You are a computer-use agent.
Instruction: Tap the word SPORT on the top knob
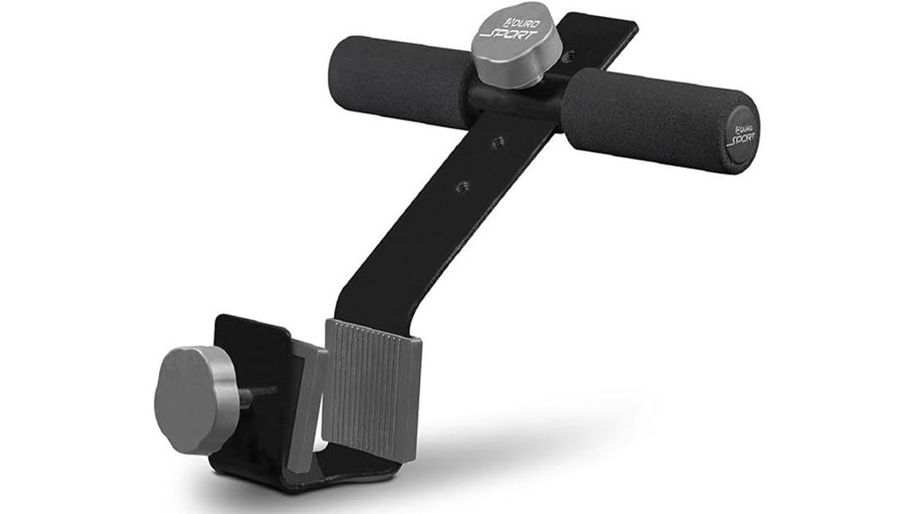pyautogui.click(x=511, y=36)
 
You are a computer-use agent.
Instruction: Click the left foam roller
pyautogui.click(x=402, y=80)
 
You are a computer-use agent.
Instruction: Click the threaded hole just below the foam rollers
pyautogui.click(x=499, y=142)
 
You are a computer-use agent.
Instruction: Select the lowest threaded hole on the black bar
pyautogui.click(x=463, y=186)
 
